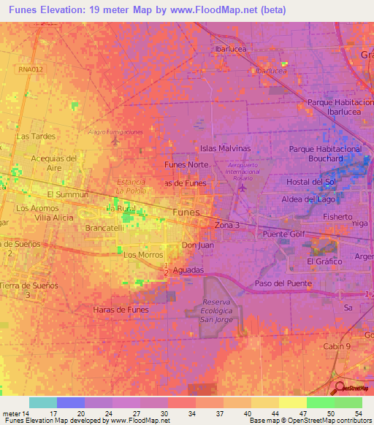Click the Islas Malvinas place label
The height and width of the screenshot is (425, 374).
225,148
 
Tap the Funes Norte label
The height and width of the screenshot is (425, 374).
186,165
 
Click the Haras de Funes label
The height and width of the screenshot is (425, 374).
121,310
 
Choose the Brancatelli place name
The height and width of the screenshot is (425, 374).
107,228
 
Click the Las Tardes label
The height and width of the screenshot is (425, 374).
37,137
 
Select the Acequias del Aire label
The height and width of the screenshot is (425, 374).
55,163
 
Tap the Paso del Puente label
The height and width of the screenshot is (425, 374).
283,283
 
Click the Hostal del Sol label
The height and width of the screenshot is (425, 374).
310,181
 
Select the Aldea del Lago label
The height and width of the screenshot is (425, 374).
309,199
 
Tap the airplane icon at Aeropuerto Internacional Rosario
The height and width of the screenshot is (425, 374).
242,188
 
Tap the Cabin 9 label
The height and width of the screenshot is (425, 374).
338,345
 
